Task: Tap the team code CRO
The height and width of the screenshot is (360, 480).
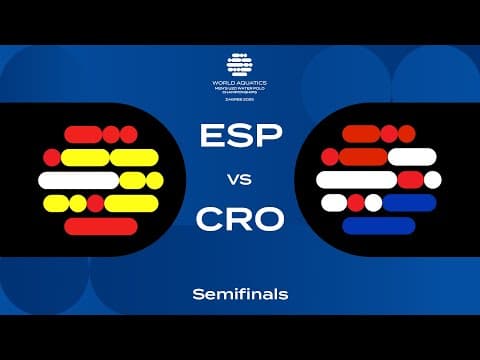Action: pyautogui.click(x=240, y=218)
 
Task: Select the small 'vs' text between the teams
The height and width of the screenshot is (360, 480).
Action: pyautogui.click(x=240, y=179)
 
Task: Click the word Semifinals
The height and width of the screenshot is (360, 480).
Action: pyautogui.click(x=240, y=294)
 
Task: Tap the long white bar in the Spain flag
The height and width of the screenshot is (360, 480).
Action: pyautogui.click(x=77, y=180)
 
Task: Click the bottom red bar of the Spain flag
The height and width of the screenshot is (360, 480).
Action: pyautogui.click(x=101, y=227)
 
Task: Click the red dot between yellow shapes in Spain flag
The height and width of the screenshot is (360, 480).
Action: pyautogui.click(x=95, y=204)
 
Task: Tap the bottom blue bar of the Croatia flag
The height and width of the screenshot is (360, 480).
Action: pyautogui.click(x=378, y=226)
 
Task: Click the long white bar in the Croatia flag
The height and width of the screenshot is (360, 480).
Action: pyautogui.click(x=356, y=180)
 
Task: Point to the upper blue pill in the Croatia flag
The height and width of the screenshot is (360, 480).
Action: pyautogui.click(x=410, y=203)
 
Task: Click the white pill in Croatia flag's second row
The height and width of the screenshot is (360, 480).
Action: pyautogui.click(x=411, y=157)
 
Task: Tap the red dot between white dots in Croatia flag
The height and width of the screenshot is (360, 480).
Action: pyautogui.click(x=355, y=203)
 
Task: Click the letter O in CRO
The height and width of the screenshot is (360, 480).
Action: pyautogui.click(x=268, y=218)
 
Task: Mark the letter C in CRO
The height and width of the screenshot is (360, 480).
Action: pyautogui.click(x=212, y=218)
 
